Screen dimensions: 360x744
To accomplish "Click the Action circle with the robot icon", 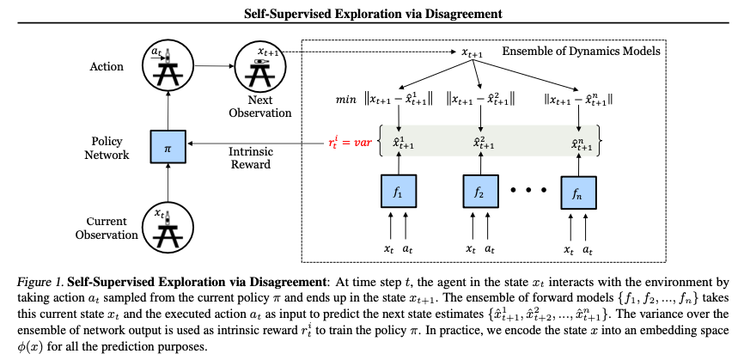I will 167,65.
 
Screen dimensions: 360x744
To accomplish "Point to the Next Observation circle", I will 261,66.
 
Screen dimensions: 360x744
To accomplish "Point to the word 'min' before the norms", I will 345,100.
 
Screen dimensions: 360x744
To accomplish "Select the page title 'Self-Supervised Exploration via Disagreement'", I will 371,12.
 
